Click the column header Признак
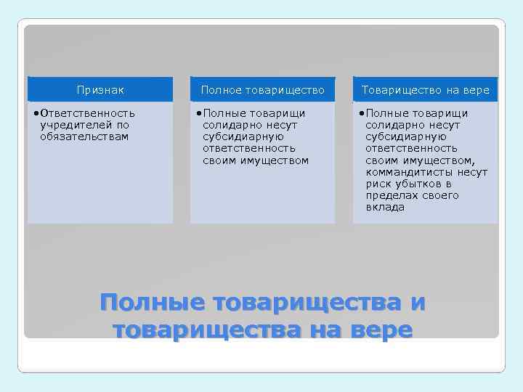pos(100,90)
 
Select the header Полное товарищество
pos(262,90)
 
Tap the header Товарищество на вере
pos(426,90)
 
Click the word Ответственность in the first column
pos(87,113)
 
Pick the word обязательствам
pos(84,136)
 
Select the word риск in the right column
pos(378,184)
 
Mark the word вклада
pos(385,207)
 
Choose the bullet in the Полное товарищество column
pos(199,113)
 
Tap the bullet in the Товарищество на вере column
pos(362,113)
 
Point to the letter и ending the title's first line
pos(417,302)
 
